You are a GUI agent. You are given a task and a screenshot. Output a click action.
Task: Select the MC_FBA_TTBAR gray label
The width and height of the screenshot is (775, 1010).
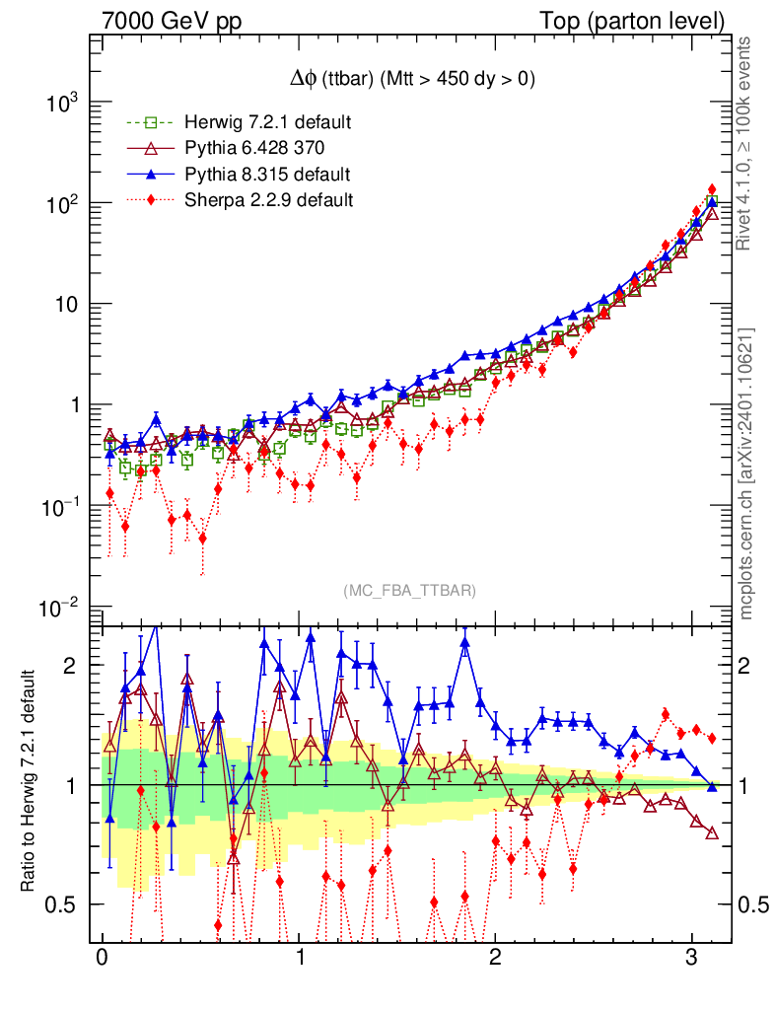410,590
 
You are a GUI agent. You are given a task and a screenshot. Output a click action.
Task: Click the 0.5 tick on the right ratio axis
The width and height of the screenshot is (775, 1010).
753,904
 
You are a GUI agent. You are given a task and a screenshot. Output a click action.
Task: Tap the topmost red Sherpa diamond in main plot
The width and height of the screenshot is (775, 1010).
712,189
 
